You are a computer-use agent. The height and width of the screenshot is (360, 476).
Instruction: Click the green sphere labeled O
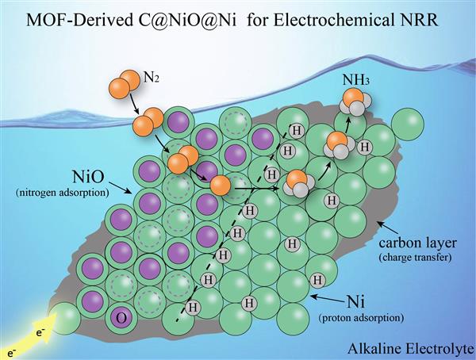coord(122,316)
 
